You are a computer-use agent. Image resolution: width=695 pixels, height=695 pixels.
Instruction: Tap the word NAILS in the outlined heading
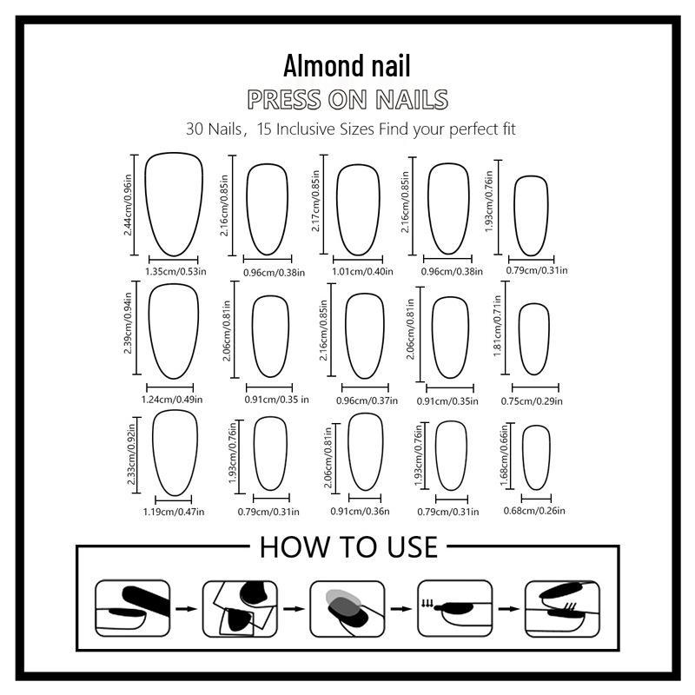pos(412,99)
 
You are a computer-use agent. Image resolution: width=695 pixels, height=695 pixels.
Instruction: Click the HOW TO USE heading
pos(348,546)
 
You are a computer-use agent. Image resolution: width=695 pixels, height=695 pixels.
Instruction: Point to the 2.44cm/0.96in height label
pos(128,205)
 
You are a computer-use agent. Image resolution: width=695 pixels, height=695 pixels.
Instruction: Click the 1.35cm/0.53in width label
pos(176,271)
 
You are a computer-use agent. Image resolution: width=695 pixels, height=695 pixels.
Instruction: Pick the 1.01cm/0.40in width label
pos(362,271)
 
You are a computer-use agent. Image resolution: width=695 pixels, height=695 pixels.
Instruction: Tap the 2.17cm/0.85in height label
pos(315,201)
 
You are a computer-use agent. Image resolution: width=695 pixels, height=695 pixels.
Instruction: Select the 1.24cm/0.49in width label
pos(172,400)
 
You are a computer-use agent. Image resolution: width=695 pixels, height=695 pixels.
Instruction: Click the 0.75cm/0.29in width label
pos(532,401)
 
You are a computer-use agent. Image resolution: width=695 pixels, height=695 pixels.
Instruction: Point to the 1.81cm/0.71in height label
pos(497,327)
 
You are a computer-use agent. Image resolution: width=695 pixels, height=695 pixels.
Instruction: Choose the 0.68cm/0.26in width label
pos(534,511)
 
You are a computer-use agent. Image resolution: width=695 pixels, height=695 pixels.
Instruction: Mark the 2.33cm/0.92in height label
pos(132,454)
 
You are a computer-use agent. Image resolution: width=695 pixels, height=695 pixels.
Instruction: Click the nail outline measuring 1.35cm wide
pos(145,204)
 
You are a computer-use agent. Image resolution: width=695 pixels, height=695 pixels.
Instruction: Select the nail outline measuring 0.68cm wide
pos(523,457)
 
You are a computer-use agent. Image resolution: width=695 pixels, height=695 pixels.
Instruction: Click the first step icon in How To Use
pos(133,608)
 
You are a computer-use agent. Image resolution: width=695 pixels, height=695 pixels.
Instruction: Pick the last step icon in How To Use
pos(562,608)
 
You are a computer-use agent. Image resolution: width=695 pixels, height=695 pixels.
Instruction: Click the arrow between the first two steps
pos(186,609)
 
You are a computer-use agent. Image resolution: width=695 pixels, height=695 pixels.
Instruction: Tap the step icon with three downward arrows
pos(454,608)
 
